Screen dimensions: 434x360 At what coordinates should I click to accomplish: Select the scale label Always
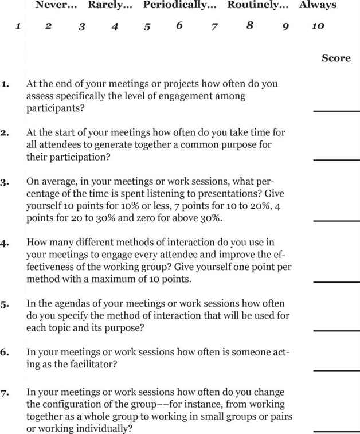pos(318,6)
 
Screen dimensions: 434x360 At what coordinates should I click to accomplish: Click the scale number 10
pos(318,26)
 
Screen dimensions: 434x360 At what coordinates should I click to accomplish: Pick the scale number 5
pos(147,26)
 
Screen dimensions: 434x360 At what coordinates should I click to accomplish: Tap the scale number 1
pos(18,26)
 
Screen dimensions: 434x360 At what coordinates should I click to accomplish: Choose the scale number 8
pos(249,26)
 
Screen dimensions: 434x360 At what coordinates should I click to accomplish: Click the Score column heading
pos(336,58)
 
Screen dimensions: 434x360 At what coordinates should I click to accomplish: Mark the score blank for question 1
pos(336,109)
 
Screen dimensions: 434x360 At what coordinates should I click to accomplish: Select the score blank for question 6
pos(336,370)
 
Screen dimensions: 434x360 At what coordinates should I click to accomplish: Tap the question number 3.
pos(5,183)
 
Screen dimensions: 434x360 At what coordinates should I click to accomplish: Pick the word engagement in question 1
pos(181,96)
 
